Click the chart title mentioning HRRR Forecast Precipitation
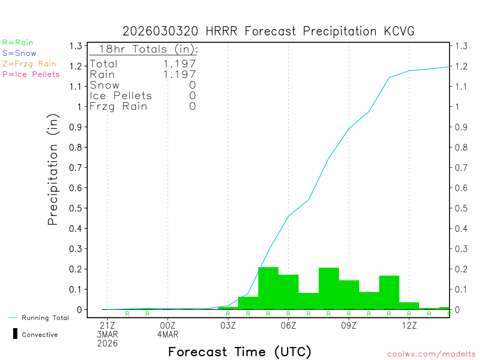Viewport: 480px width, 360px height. pyautogui.click(x=269, y=31)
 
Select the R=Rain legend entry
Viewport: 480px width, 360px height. pyautogui.click(x=18, y=43)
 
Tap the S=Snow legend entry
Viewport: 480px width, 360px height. pyautogui.click(x=19, y=53)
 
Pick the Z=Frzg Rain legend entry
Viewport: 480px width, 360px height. pyautogui.click(x=29, y=64)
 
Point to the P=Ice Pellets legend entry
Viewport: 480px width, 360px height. pyautogui.click(x=31, y=74)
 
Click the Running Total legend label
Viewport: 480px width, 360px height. pyautogui.click(x=45, y=318)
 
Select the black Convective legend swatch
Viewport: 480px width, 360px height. pyautogui.click(x=15, y=334)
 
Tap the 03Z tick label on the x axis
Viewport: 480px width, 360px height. pyautogui.click(x=228, y=325)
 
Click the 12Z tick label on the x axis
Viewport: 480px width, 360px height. pyautogui.click(x=409, y=325)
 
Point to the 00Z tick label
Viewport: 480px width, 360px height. pyautogui.click(x=168, y=325)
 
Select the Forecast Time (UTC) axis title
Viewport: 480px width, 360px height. pyautogui.click(x=240, y=352)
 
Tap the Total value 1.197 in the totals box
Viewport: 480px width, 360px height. pyautogui.click(x=180, y=64)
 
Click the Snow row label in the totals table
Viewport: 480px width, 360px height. pyautogui.click(x=105, y=85)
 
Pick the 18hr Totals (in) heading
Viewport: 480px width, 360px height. pyautogui.click(x=149, y=49)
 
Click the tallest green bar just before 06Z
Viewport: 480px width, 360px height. pyautogui.click(x=268, y=288)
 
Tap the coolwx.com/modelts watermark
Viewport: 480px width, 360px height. pyautogui.click(x=431, y=354)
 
